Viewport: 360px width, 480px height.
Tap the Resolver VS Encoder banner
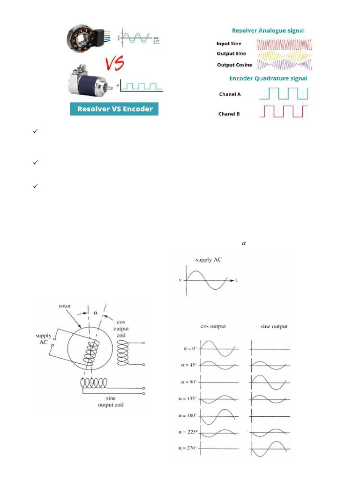coord(115,109)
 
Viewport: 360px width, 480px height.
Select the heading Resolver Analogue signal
coord(268,30)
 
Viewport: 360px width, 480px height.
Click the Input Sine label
coord(228,44)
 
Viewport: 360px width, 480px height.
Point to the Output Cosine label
coord(234,65)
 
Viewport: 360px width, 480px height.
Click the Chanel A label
coord(230,94)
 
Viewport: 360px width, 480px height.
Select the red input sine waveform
coord(284,44)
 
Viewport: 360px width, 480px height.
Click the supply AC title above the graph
coord(209,260)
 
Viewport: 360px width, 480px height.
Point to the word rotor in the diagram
coord(65,306)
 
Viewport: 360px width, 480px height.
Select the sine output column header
coord(273,326)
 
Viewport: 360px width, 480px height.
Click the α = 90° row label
coord(190,382)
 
